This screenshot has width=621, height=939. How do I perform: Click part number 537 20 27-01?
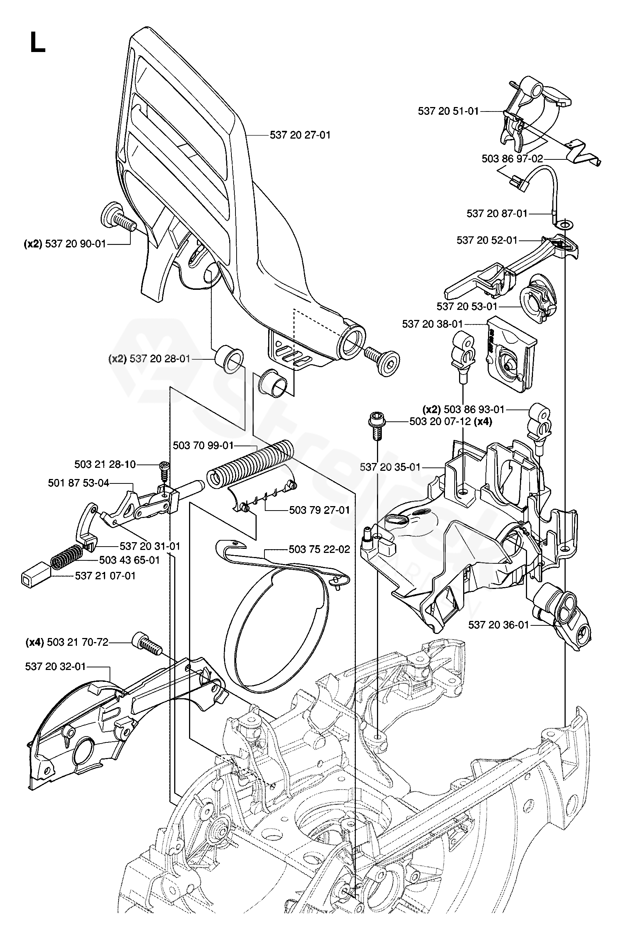click(300, 135)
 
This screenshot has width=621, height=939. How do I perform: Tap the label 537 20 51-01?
click(448, 111)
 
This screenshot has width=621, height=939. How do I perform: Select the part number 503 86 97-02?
click(512, 159)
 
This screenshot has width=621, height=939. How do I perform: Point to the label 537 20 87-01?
click(497, 214)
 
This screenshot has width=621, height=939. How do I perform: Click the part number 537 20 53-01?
click(466, 306)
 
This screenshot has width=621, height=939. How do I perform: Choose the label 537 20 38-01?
click(432, 324)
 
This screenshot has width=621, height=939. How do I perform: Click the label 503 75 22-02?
click(319, 549)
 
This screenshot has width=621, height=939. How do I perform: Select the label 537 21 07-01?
click(105, 576)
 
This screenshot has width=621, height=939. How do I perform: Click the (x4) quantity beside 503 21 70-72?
click(35, 642)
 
